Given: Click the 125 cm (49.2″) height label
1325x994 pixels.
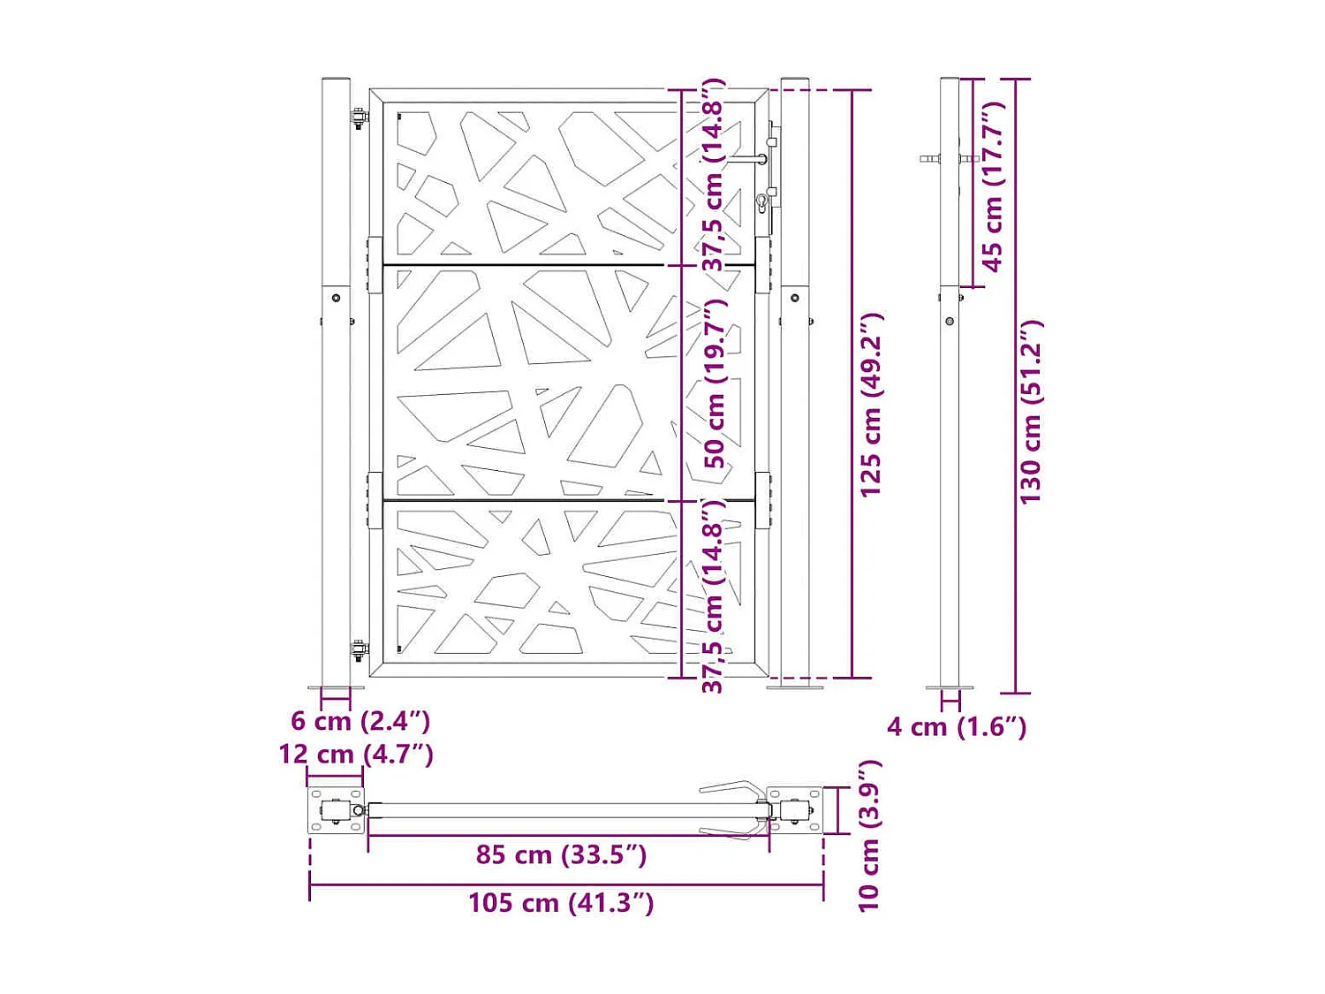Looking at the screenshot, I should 871,404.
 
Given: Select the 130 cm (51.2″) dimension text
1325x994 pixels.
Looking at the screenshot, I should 1031,412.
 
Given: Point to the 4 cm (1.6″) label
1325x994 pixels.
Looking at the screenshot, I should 957,727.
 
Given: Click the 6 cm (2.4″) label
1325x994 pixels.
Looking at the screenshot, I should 360,721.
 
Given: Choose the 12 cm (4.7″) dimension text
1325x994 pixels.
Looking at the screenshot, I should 356,755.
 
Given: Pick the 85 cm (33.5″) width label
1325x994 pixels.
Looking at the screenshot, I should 561,855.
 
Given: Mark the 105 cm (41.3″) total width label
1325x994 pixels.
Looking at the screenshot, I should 561,903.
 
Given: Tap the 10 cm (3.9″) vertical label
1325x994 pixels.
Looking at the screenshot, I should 869,835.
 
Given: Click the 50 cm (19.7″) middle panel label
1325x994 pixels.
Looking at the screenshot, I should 714,383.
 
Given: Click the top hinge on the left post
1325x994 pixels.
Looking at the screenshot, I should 359,118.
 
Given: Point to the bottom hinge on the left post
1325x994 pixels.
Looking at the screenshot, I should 359,650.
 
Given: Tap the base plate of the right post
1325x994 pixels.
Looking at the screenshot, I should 795,687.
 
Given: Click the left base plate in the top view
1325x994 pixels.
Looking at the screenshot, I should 336,810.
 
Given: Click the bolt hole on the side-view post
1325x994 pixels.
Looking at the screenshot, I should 950,322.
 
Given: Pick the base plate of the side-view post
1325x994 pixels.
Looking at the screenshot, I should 950,687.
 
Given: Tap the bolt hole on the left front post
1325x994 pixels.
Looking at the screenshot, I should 336,299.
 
